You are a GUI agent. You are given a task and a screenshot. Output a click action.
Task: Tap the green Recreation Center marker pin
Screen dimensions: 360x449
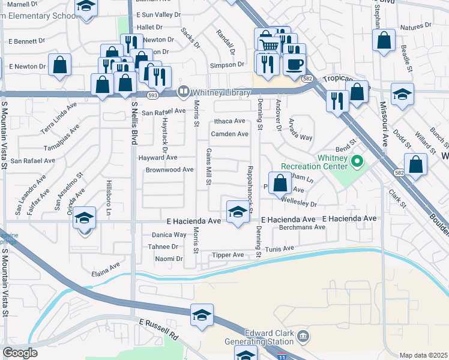pyautogui.click(x=357, y=161)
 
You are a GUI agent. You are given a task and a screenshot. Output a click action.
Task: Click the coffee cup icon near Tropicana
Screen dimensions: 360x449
pyautogui.click(x=294, y=64)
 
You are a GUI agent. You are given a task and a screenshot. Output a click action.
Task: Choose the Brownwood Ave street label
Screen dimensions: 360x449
pyautogui.click(x=170, y=170)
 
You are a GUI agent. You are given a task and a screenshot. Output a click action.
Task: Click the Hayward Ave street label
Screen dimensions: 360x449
pyautogui.click(x=158, y=157)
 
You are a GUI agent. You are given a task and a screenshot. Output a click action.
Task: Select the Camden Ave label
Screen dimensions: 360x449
pyautogui.click(x=229, y=134)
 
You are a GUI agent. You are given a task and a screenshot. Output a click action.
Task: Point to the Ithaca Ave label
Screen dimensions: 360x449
pyautogui.click(x=229, y=121)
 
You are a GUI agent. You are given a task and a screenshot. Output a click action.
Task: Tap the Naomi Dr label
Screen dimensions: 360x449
pyautogui.click(x=169, y=259)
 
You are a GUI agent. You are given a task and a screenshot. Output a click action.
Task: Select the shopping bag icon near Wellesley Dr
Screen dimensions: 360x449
pyautogui.click(x=280, y=183)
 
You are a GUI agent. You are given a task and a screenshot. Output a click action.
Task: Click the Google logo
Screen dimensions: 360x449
pyautogui.click(x=20, y=353)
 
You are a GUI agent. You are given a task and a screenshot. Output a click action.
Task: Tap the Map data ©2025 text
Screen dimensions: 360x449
pyautogui.click(x=423, y=355)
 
